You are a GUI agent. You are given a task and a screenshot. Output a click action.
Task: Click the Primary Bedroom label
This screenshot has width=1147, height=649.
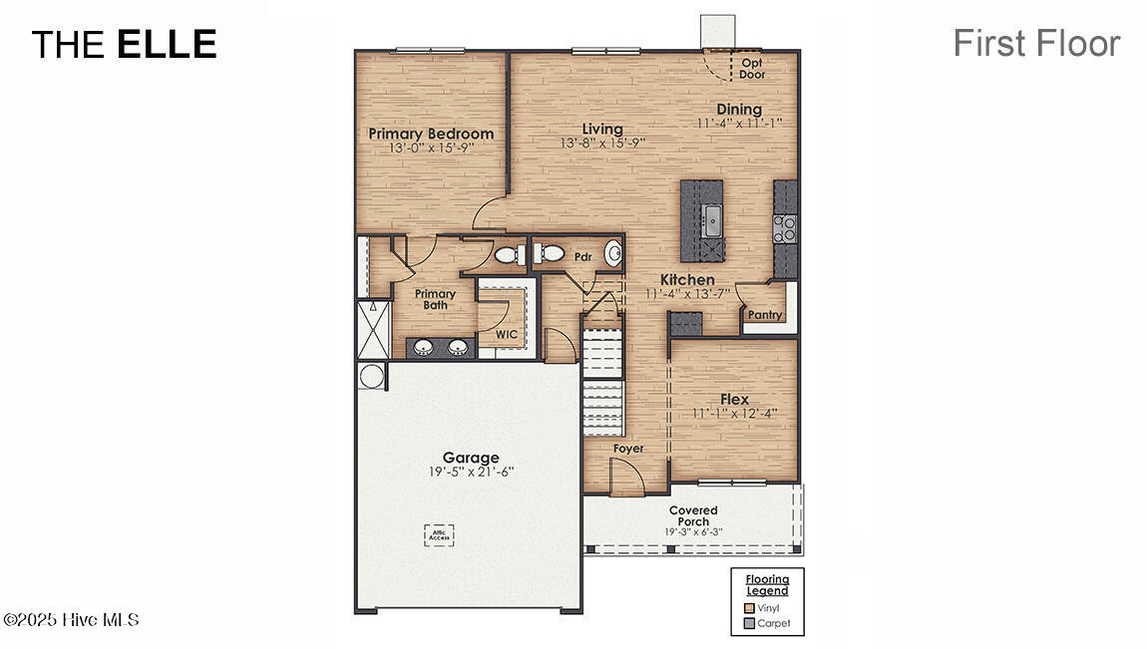click(x=431, y=134)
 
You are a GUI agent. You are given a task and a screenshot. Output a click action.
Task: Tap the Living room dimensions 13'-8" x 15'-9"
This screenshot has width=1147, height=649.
click(x=602, y=143)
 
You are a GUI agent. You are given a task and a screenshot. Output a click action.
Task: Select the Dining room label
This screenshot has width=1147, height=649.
click(x=739, y=110)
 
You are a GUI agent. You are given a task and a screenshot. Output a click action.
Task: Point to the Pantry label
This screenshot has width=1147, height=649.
click(x=765, y=315)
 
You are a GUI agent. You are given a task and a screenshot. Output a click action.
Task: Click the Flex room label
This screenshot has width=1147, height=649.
click(x=734, y=400)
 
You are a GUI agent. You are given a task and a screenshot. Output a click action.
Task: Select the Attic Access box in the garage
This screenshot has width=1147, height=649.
click(x=439, y=534)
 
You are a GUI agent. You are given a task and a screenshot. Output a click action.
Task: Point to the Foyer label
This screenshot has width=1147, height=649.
click(x=628, y=449)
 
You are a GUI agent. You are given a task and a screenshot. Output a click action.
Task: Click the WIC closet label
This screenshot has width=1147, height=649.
click(x=507, y=335)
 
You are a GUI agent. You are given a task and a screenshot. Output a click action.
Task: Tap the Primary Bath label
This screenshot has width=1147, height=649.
click(x=435, y=299)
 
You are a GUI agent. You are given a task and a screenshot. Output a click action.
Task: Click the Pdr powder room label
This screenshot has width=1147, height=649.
click(x=583, y=257)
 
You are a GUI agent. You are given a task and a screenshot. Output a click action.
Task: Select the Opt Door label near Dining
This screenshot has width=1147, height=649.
click(x=752, y=68)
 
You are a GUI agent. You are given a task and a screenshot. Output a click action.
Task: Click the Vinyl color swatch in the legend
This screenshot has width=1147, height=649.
click(x=749, y=607)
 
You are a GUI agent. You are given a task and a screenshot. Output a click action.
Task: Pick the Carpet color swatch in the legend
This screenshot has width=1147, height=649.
click(x=749, y=623)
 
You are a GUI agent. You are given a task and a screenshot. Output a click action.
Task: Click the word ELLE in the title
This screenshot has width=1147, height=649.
click(x=167, y=45)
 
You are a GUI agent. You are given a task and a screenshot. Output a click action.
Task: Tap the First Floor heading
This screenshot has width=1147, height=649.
click(x=1036, y=43)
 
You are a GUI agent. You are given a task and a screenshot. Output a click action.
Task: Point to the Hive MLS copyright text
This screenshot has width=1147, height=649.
click(x=71, y=620)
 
